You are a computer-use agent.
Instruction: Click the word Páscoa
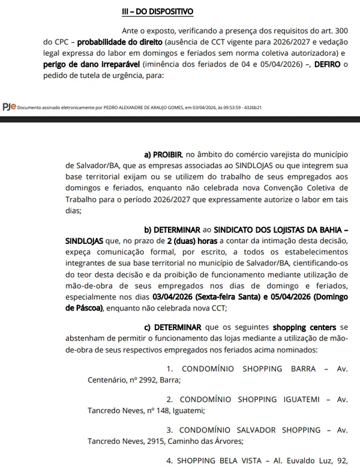[x=86, y=307]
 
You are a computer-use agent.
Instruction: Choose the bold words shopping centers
[x=303, y=327]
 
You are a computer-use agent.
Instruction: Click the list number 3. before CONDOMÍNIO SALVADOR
[x=170, y=431]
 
